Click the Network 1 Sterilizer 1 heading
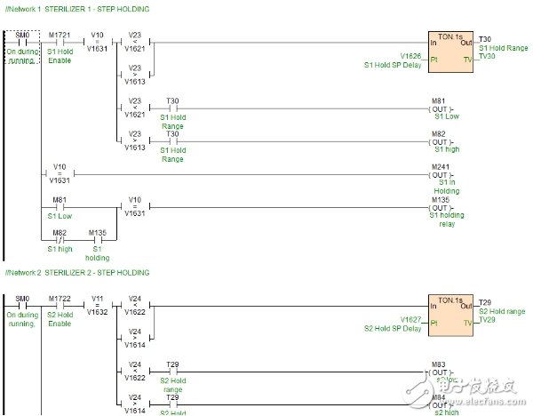click(x=76, y=9)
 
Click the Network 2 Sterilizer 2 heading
click(x=76, y=272)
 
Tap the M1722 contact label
click(x=60, y=297)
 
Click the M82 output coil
click(x=439, y=140)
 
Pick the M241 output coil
click(x=439, y=174)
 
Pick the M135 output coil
click(x=439, y=207)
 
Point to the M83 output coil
click(x=439, y=372)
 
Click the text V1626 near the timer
click(x=411, y=56)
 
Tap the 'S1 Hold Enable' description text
click(x=60, y=54)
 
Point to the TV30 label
click(x=488, y=56)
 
